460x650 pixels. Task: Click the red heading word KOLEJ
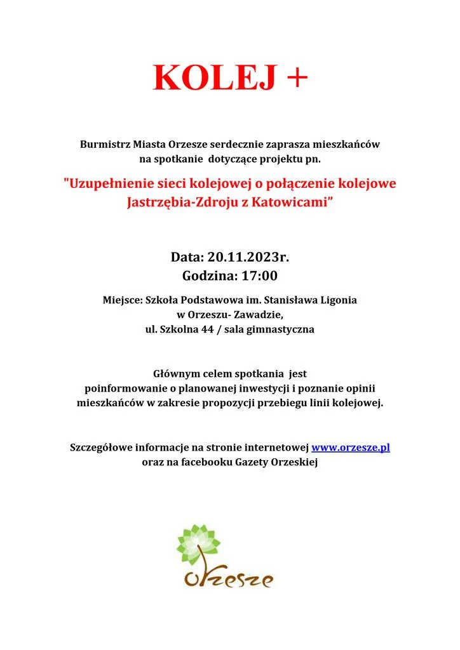coord(215,77)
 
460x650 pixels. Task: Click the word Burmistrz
coord(104,144)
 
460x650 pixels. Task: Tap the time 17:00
coord(258,276)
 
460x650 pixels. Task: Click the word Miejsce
coord(122,298)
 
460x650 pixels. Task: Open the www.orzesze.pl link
coord(350,448)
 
